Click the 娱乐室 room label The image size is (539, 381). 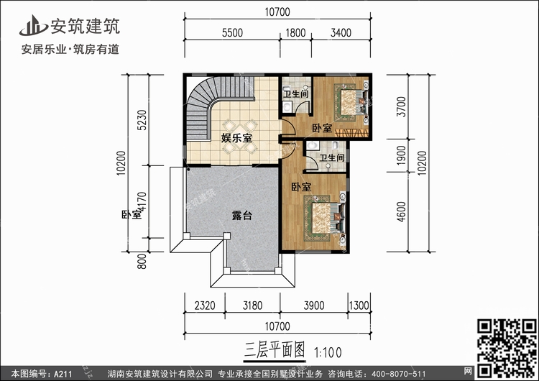click(236, 138)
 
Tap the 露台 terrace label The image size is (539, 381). click(242, 216)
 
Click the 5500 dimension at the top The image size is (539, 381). click(232, 33)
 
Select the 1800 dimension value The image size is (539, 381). click(295, 33)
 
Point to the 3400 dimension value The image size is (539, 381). click(341, 33)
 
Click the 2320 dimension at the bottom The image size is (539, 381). click(205, 306)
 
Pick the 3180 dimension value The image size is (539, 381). click(253, 306)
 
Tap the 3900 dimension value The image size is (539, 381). click(314, 306)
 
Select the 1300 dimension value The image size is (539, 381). click(359, 306)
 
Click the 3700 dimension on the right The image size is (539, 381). click(401, 106)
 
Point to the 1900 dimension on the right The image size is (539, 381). click(401, 155)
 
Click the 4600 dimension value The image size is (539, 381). click(401, 211)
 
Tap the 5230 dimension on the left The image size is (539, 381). click(142, 120)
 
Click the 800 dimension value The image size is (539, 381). click(142, 262)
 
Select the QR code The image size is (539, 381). click(507, 348)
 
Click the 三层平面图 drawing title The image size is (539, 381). click(275, 351)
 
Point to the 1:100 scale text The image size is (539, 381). click(328, 352)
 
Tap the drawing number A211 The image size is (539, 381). click(63, 374)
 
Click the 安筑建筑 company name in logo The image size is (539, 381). click(86, 26)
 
